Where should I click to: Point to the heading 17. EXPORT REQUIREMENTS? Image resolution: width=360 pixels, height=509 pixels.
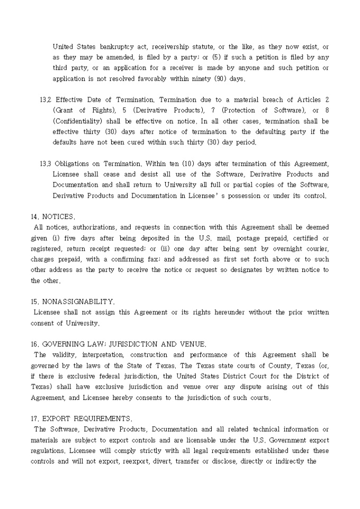pyautogui.click(x=79, y=419)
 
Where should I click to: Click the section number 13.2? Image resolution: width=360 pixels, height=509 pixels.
pyautogui.click(x=46, y=99)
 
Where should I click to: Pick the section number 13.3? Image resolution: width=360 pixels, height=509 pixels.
pyautogui.click(x=46, y=163)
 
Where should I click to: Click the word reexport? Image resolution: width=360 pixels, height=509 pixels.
pyautogui.click(x=174, y=461)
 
